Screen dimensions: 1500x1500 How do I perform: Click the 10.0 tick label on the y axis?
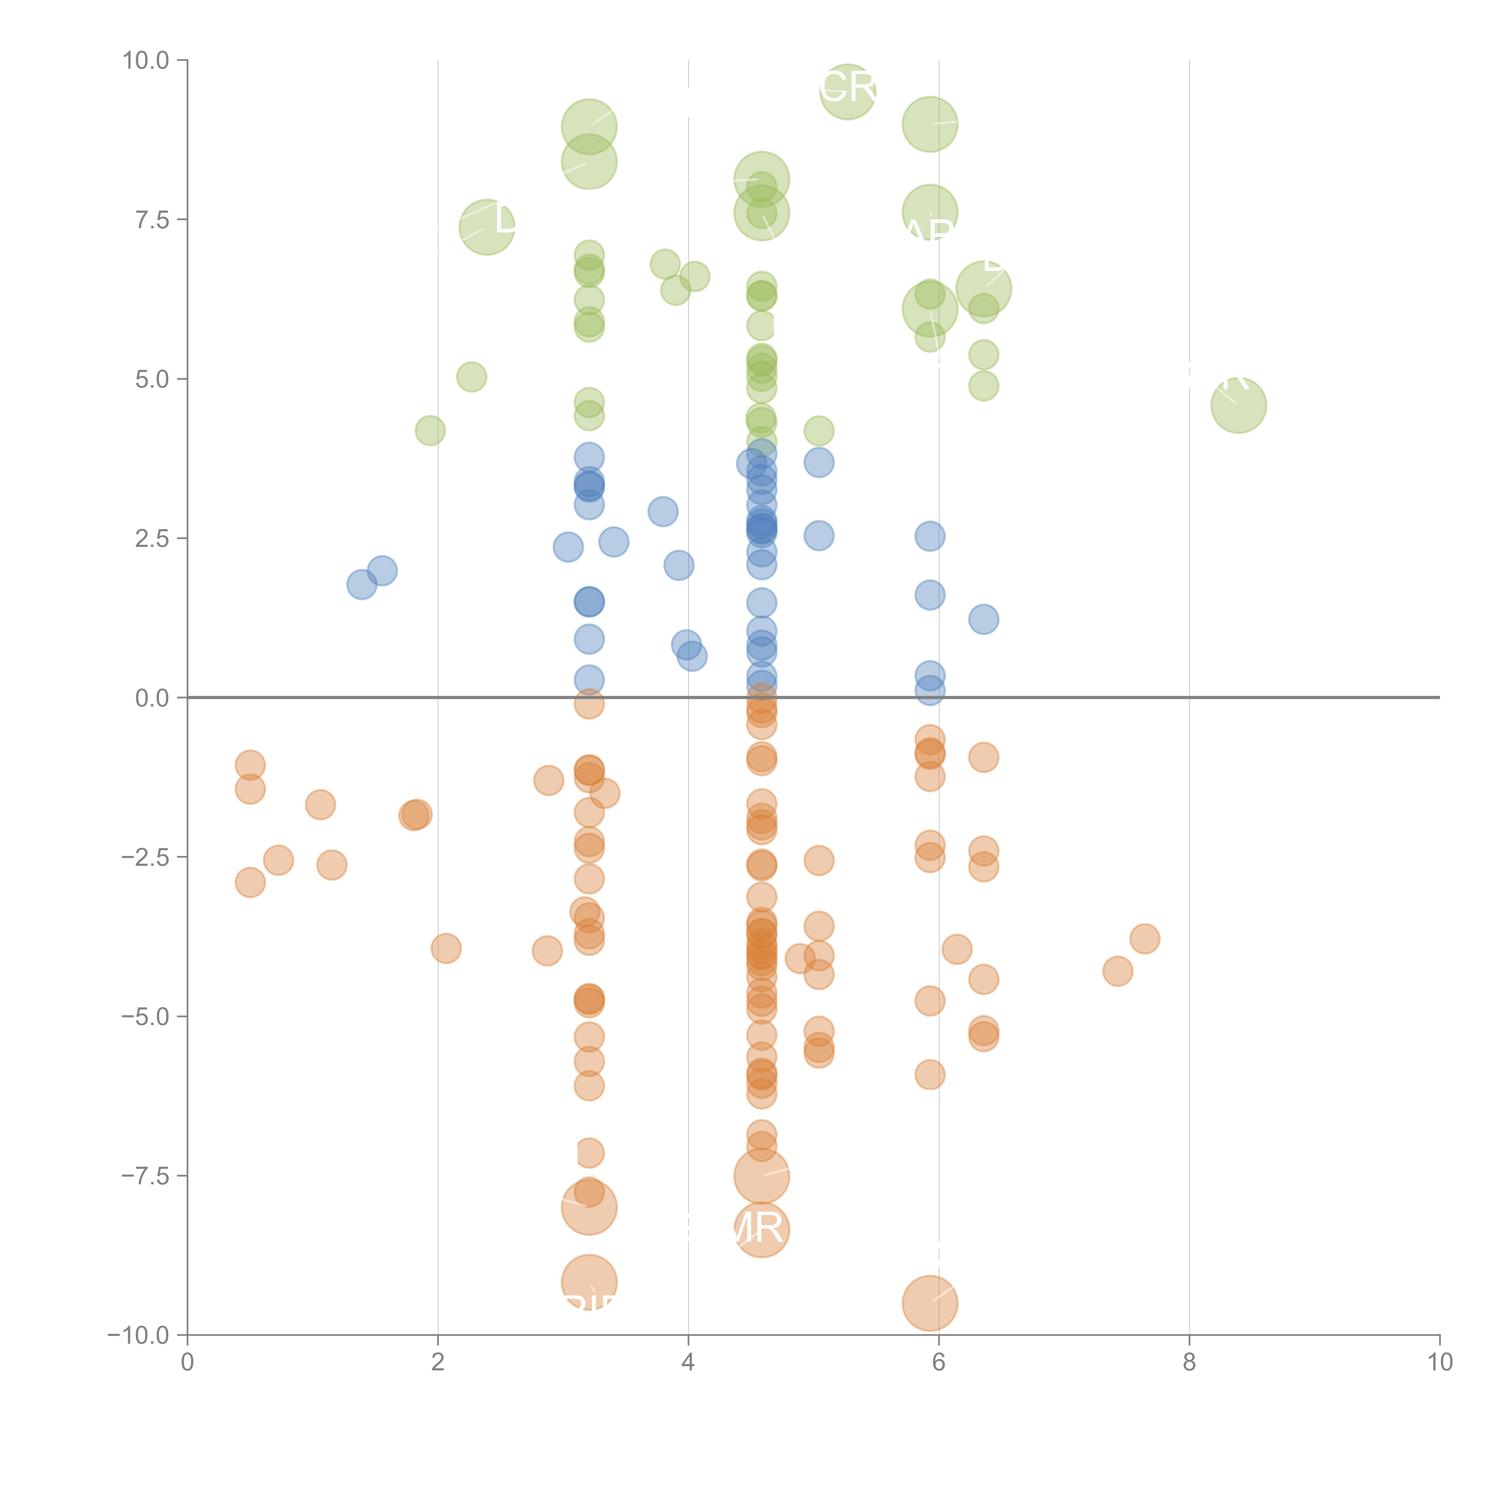(x=146, y=61)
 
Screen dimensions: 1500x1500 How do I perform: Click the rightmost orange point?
(x=1144, y=939)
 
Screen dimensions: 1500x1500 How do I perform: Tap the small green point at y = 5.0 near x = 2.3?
(x=471, y=377)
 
